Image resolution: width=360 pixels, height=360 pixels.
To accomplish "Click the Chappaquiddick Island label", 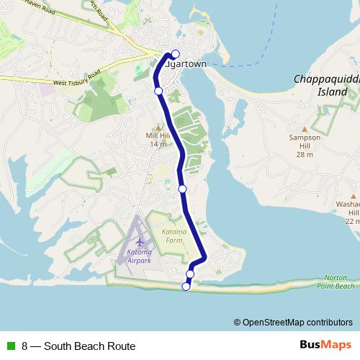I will click(x=325, y=86).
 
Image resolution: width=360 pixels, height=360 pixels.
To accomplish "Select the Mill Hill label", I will click(x=158, y=139).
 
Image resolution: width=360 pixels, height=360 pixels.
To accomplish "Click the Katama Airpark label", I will click(x=139, y=257).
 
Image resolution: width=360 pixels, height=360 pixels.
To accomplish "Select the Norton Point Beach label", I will click(x=336, y=282).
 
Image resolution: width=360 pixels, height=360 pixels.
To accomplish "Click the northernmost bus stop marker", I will click(x=175, y=53).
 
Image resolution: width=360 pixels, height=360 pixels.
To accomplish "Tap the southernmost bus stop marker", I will click(x=186, y=287).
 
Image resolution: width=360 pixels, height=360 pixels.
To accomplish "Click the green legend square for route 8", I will click(x=11, y=346).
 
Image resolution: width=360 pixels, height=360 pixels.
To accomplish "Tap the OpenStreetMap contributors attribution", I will click(x=297, y=322).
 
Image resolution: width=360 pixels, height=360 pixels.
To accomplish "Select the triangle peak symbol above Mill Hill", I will click(x=158, y=128).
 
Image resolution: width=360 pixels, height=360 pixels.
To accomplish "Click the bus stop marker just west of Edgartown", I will click(x=158, y=91).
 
